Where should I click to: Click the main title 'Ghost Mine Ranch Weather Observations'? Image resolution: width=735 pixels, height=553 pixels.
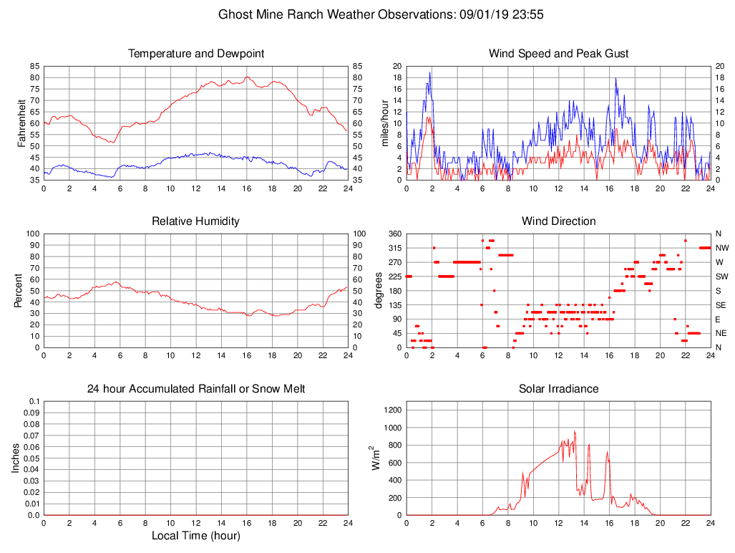pos(334,14)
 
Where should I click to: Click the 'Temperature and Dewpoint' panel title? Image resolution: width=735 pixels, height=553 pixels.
pos(195,54)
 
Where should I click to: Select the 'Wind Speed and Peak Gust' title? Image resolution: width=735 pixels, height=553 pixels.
pos(558,54)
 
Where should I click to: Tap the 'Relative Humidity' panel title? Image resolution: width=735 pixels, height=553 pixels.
pos(195,221)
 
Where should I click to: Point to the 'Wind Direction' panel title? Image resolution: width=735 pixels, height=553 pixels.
pos(558,221)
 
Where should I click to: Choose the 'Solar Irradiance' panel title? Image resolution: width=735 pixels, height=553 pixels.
pos(558,389)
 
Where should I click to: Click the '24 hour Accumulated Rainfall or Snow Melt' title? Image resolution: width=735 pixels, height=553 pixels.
pos(195,389)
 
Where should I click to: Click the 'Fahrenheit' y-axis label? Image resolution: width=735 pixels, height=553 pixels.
pos(22,122)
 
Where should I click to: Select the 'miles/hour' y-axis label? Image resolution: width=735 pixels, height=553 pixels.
pos(385,122)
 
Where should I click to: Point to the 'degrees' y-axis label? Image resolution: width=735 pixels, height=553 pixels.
pos(379,290)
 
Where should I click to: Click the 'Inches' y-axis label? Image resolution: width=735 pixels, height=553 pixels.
pos(15,458)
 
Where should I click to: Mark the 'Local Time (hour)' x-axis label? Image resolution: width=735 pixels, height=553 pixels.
pos(195,536)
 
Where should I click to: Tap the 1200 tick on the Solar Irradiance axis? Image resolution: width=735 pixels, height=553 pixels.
pos(393,410)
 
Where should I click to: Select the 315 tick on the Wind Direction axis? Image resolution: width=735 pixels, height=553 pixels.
pos(394,248)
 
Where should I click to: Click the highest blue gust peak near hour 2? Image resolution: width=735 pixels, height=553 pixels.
pos(430,72)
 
